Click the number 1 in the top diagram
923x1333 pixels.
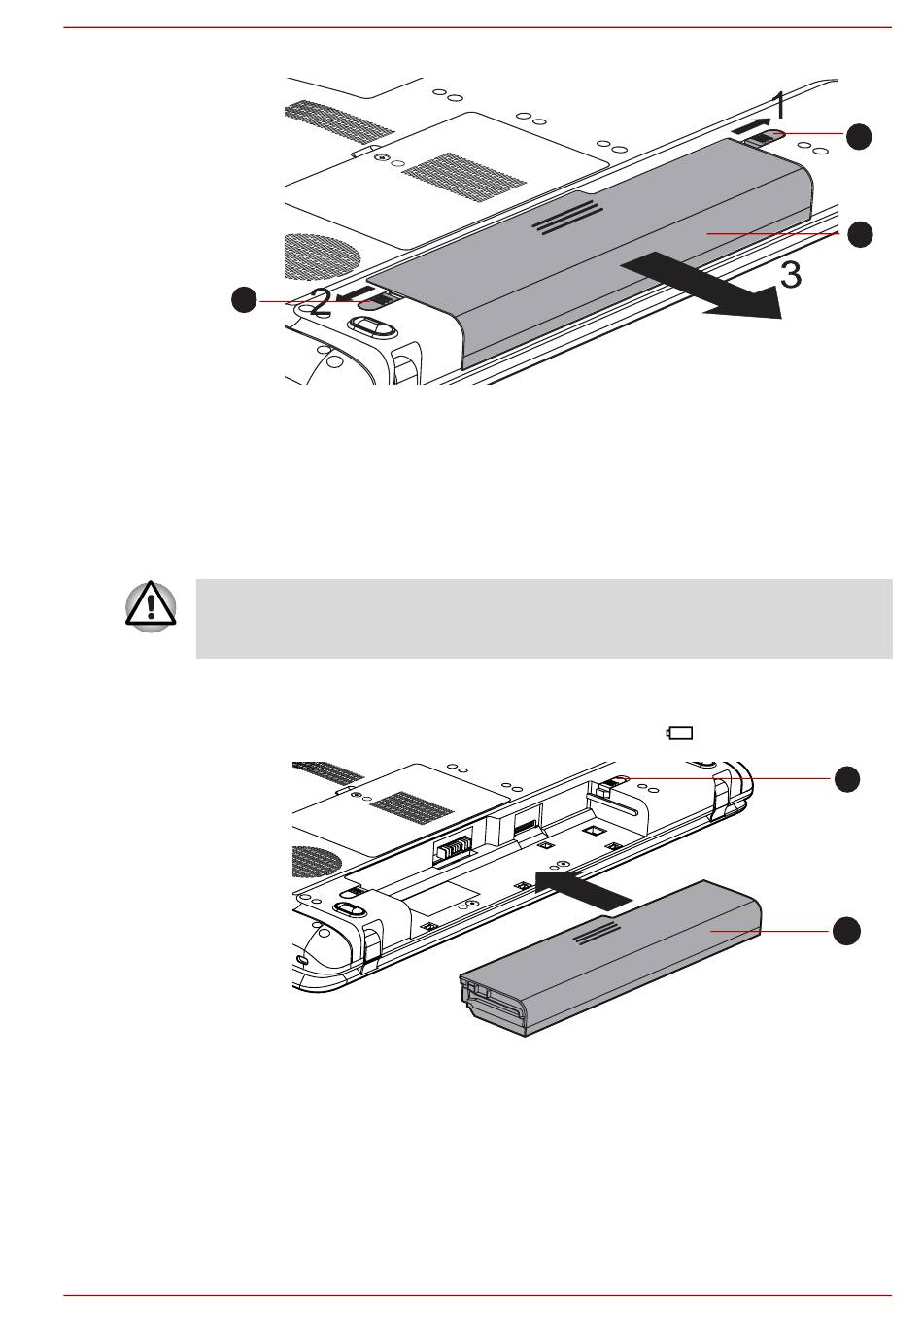[x=778, y=104]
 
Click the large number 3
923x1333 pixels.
[x=791, y=276]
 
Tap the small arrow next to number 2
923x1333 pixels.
[x=352, y=291]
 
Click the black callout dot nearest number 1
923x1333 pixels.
[x=858, y=137]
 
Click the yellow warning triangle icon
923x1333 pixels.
[x=152, y=610]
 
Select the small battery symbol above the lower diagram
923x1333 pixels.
[x=679, y=734]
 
